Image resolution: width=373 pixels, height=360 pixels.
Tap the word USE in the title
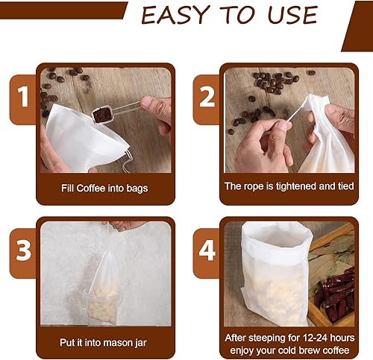[292, 15]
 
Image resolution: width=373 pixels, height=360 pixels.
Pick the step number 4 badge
[207, 250]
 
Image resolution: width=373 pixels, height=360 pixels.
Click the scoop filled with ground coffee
[103, 115]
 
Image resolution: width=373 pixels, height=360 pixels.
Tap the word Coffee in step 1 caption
[91, 188]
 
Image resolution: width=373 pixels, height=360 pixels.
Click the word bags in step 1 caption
[137, 189]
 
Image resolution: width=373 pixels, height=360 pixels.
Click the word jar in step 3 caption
[141, 344]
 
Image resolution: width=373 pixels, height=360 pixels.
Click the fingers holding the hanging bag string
[125, 226]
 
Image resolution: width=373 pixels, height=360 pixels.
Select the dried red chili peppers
[334, 293]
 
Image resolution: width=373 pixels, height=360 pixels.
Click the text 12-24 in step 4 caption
[315, 338]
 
